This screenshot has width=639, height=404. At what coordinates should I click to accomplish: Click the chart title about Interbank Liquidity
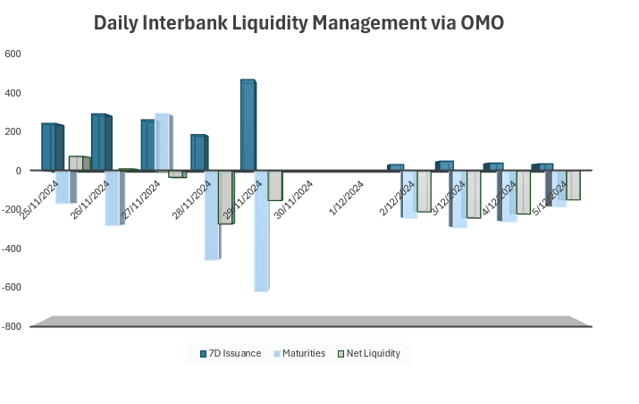point(298,23)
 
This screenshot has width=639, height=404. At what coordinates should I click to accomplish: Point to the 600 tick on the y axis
point(13,54)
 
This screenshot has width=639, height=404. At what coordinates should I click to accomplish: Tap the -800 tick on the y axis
point(11,326)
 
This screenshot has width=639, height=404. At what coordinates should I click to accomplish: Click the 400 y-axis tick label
point(13,93)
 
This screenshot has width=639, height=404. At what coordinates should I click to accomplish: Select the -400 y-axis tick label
point(11,248)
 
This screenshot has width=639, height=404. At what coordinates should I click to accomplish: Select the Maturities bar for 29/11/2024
point(262,231)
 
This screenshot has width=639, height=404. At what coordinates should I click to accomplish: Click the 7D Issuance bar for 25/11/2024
point(49,147)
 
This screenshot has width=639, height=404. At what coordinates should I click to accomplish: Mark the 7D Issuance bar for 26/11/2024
point(98,142)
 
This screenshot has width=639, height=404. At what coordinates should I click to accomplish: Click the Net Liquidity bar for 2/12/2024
point(424,190)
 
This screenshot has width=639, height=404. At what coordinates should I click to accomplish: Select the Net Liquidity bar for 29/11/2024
point(275,185)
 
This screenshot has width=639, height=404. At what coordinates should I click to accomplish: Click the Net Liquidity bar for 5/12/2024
point(573,184)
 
